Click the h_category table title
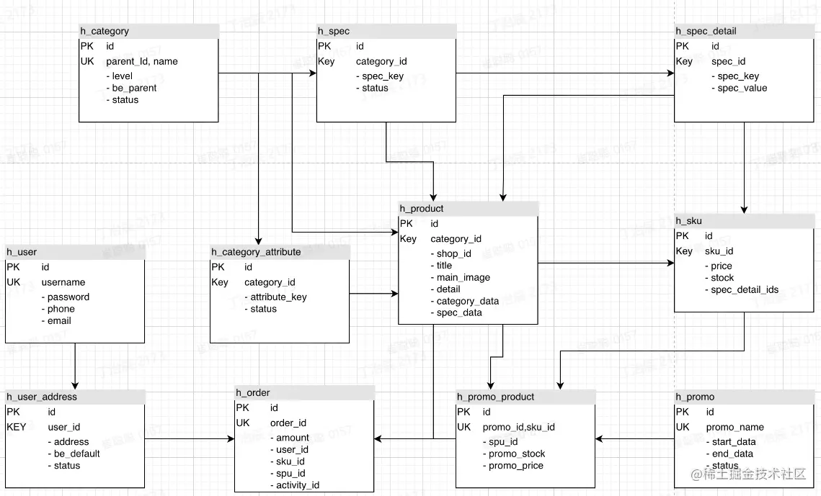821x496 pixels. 105,31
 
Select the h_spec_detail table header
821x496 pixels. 706,31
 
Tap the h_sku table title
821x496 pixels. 688,220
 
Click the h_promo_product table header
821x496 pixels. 496,397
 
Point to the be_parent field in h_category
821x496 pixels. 134,88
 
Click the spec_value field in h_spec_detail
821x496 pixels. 742,88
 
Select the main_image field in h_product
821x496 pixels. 463,277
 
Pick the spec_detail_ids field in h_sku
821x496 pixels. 744,289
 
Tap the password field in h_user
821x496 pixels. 68,297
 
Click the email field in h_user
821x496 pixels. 59,320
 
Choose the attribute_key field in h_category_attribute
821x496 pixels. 278,297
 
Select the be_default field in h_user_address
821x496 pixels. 76,454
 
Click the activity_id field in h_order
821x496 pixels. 298,485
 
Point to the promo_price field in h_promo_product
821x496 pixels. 516,466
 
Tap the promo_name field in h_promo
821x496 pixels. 735,427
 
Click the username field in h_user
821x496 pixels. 63,282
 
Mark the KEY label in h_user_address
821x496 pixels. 17,427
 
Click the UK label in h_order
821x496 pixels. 244,423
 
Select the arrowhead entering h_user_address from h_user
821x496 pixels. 75,385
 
